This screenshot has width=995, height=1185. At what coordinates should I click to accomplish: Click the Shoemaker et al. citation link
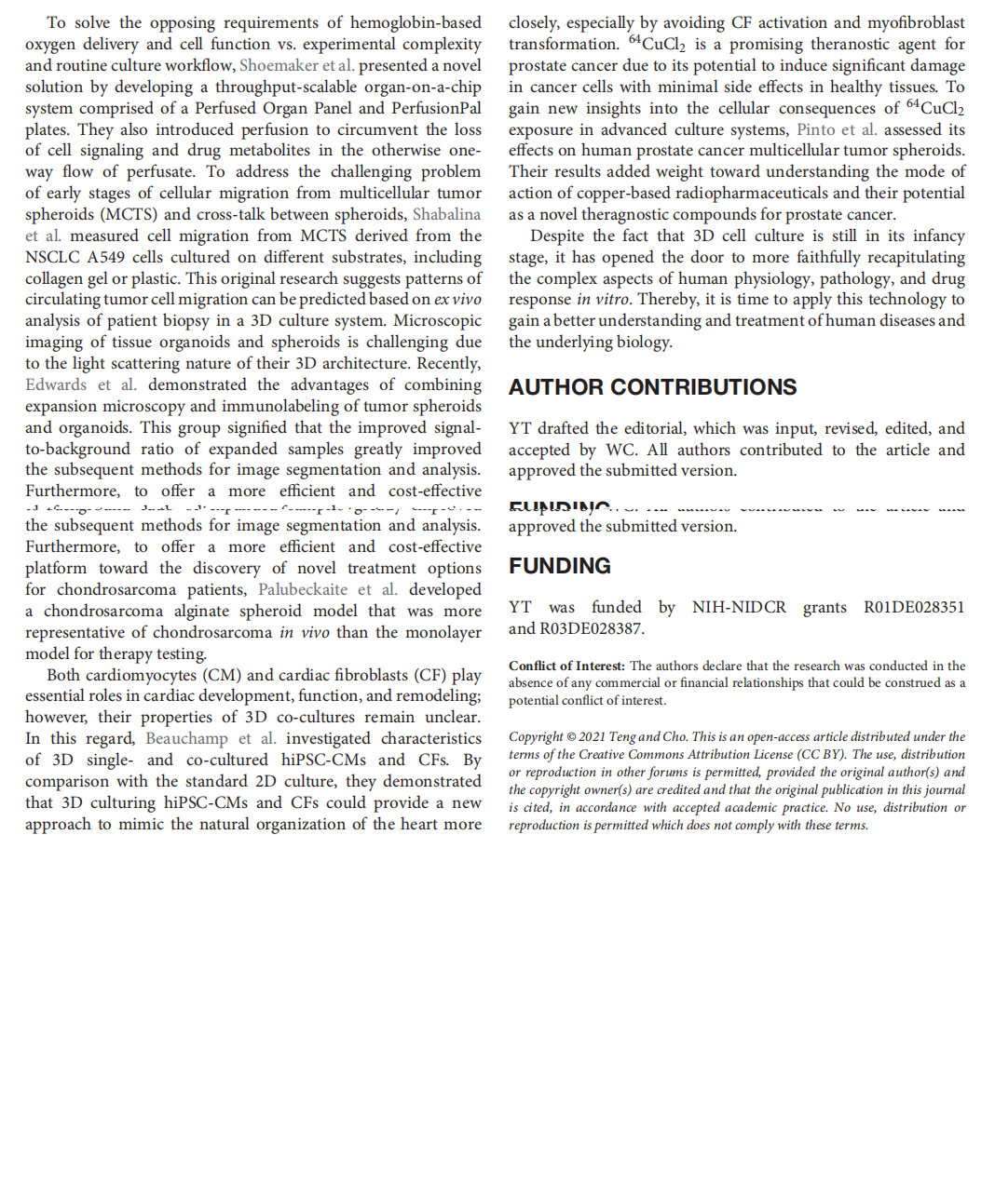(296, 65)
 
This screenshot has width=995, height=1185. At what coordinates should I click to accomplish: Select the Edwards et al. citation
(81, 384)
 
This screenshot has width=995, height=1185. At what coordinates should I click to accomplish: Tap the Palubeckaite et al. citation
(327, 589)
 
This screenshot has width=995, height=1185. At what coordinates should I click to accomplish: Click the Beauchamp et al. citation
(211, 738)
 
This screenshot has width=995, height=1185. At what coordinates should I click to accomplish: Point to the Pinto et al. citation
(837, 129)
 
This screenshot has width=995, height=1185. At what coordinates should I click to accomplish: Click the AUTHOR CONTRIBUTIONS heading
(652, 387)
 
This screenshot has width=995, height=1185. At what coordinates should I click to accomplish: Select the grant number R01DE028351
(914, 607)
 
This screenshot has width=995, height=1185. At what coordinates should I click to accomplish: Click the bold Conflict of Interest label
(566, 666)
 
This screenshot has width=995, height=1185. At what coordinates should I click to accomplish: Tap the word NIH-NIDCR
(739, 607)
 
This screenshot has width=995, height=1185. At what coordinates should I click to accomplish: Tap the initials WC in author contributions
(621, 450)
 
